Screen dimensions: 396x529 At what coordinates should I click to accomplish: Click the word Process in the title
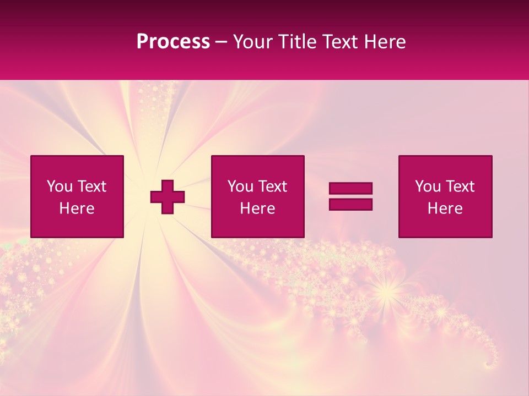(x=173, y=42)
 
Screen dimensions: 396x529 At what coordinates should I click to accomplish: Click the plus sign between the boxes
(x=168, y=197)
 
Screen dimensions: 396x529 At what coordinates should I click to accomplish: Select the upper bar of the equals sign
(x=350, y=188)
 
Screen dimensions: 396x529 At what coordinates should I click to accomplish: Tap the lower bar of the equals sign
(x=350, y=204)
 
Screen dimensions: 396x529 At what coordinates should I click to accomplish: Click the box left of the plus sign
(x=77, y=197)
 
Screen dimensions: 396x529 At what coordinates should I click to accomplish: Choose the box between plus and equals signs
(x=257, y=197)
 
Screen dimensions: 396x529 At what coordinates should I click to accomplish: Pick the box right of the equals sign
(x=445, y=197)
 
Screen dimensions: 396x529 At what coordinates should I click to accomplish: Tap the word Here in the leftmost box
(x=77, y=208)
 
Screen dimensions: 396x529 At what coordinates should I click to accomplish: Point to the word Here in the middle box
(x=257, y=208)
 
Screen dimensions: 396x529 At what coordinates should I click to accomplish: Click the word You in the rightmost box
(x=428, y=186)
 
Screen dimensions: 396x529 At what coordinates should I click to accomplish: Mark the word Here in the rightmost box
(x=445, y=208)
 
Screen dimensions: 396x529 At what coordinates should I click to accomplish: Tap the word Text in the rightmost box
(x=460, y=186)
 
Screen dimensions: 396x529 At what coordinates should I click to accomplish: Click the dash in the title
(x=222, y=42)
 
